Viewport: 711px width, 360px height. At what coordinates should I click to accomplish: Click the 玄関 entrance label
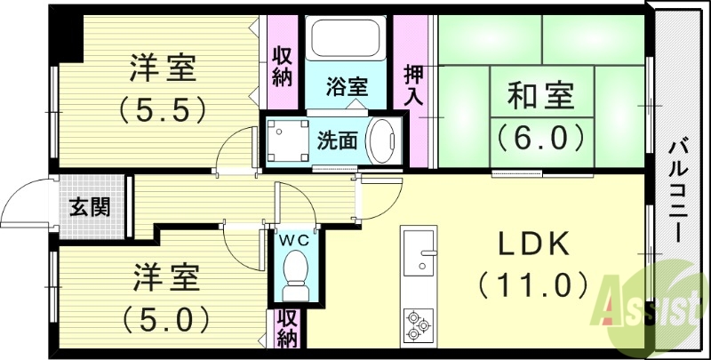(90, 209)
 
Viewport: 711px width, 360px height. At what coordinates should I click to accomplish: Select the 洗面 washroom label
(338, 140)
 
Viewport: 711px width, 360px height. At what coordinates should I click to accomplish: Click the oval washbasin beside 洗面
(384, 140)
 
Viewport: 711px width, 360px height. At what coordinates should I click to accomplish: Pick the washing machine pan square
(286, 140)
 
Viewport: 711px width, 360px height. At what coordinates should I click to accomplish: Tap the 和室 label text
(540, 95)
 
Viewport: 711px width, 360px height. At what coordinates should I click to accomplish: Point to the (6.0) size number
(540, 137)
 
